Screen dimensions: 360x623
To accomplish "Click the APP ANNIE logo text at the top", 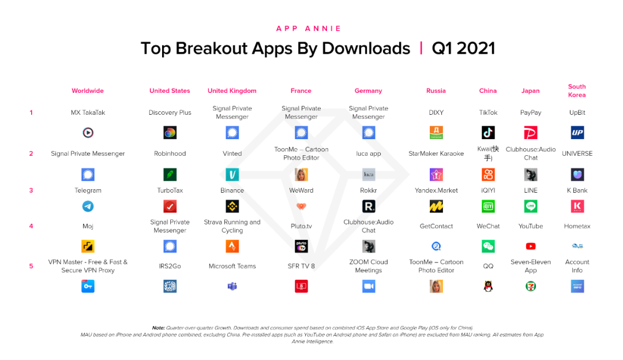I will click(309, 28).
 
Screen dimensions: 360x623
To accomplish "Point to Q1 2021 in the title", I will click(463, 48).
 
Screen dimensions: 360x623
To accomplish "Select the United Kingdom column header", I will click(232, 91).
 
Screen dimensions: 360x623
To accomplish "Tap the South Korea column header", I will click(577, 91).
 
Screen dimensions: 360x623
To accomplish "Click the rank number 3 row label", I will click(31, 190).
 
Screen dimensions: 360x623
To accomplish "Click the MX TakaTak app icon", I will click(88, 133).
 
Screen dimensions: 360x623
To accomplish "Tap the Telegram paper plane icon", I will click(88, 206).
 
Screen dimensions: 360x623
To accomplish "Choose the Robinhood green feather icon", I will click(170, 174).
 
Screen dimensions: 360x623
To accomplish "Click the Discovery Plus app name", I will click(170, 112).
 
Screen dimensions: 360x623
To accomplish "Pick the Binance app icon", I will click(232, 206).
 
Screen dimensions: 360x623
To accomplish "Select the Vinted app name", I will click(232, 153).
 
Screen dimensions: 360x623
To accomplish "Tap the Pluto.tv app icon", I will click(301, 246).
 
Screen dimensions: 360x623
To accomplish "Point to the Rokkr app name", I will click(369, 190).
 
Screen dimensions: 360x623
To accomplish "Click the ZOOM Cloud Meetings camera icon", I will click(369, 286).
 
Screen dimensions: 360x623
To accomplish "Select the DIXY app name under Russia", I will click(436, 112).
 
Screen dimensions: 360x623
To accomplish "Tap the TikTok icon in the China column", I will click(488, 133).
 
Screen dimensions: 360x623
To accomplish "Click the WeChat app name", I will click(488, 226).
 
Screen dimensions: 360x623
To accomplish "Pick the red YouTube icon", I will click(531, 246).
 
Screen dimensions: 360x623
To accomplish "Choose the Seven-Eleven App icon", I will click(531, 286).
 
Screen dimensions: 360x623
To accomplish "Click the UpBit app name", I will click(577, 112).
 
